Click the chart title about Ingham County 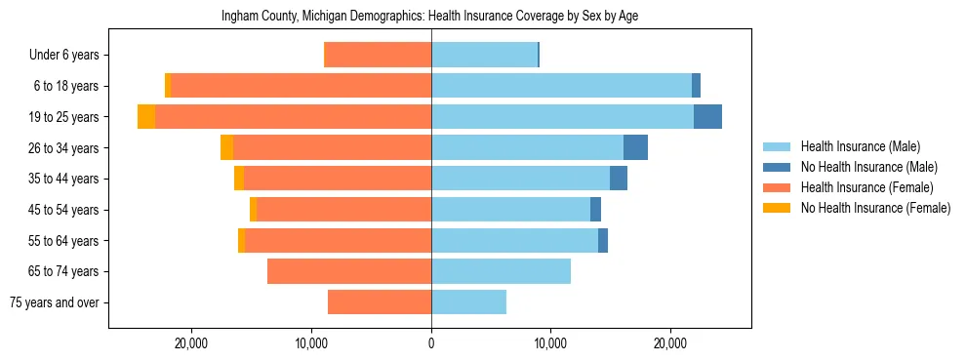coord(429,17)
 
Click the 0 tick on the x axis coord(431,343)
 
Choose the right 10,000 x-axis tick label coord(550,343)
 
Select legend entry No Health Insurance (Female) coord(875,208)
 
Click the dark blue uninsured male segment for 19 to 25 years coord(707,117)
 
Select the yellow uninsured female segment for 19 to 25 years coord(146,117)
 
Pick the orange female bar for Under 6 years coord(378,55)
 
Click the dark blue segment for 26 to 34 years coord(635,147)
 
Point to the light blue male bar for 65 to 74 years coord(501,271)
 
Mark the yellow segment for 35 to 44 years coord(239,179)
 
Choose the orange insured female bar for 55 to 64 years coord(338,240)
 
